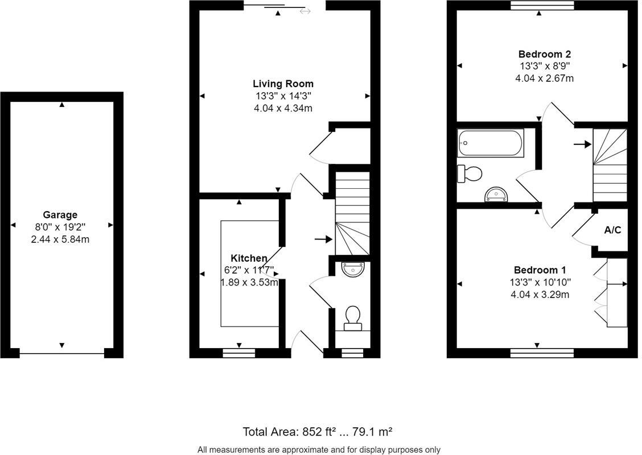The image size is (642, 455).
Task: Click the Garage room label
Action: tap(60, 215)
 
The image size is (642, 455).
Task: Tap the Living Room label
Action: tap(283, 84)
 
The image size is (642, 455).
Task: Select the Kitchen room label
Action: tap(249, 259)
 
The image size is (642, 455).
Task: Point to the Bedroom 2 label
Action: tap(544, 54)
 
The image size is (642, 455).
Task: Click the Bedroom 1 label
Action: tap(540, 270)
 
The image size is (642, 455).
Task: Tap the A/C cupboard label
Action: tap(612, 230)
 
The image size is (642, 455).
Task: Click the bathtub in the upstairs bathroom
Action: tap(490, 143)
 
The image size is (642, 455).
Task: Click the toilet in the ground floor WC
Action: tap(353, 317)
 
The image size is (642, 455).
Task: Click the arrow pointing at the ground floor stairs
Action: tap(323, 239)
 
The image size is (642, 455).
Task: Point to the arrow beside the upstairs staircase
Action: tap(582, 144)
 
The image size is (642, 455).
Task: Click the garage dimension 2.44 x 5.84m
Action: tap(60, 239)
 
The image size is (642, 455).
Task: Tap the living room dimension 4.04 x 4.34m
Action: tap(283, 108)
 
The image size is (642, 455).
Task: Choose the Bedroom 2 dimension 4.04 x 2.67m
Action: tap(544, 78)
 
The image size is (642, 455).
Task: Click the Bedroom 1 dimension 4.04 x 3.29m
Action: tap(540, 295)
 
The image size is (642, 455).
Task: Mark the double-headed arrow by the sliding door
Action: tap(305, 11)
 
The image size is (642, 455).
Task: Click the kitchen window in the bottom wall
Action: tap(238, 353)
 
